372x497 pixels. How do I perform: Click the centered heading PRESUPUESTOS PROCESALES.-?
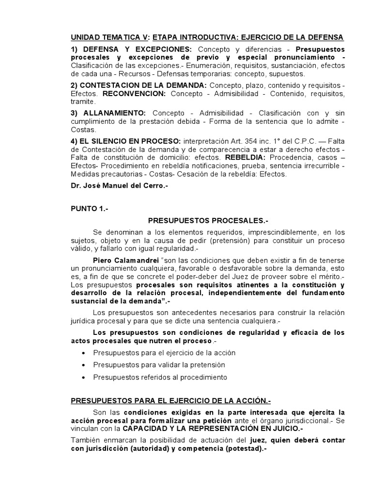pos(208,220)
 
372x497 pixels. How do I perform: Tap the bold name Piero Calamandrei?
pos(123,259)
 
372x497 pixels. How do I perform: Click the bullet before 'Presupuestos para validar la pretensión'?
pos(85,365)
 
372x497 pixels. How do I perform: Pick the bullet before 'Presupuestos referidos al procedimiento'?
pos(85,377)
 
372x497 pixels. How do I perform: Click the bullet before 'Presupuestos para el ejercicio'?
pos(85,353)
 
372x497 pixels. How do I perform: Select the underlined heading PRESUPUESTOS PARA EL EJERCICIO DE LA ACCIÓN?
pos(171,401)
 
